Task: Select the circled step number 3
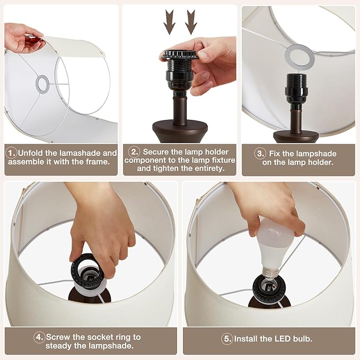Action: [260, 154]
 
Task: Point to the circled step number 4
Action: [39, 337]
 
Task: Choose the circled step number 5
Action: [227, 338]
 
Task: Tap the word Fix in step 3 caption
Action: [277, 154]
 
